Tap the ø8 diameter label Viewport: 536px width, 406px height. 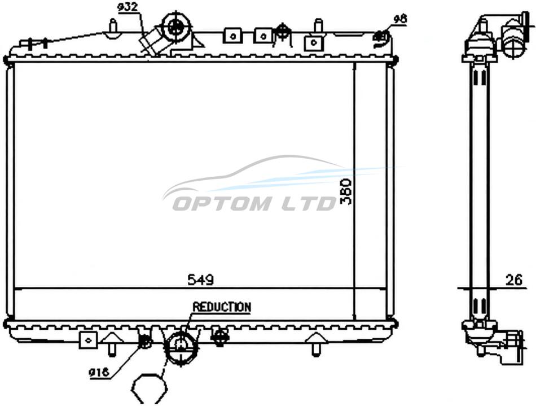click(400, 19)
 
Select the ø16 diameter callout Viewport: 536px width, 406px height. click(99, 372)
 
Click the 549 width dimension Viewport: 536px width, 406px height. click(201, 280)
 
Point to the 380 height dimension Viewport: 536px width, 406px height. click(346, 191)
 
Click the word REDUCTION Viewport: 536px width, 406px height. click(222, 307)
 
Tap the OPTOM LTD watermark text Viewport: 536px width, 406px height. click(254, 203)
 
